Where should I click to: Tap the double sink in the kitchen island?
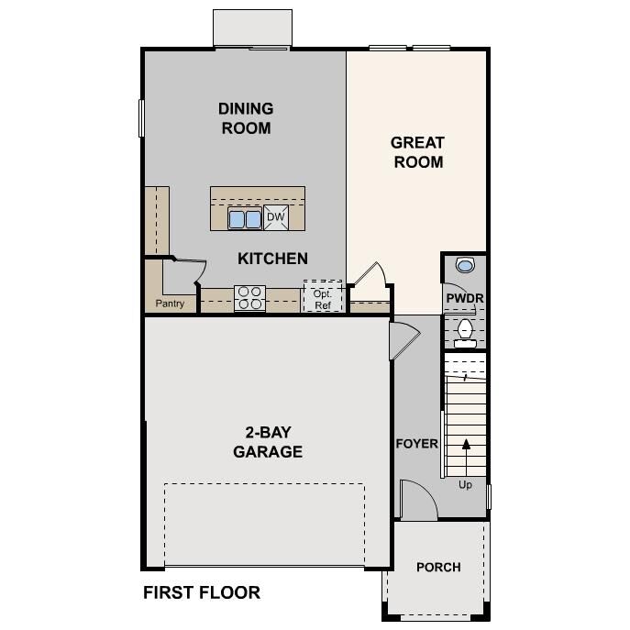tap(245, 219)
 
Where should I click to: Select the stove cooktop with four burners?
tap(249, 297)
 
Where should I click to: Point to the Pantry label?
tap(170, 304)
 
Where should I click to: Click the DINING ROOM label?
tap(246, 118)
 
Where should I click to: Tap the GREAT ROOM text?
tap(417, 152)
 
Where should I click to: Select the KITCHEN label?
tap(272, 259)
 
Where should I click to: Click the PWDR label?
tap(464, 299)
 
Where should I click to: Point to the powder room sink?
tap(465, 266)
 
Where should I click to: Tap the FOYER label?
tap(416, 444)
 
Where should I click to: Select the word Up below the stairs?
tap(465, 485)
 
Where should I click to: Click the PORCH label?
tap(438, 567)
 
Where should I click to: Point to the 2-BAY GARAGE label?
tap(268, 442)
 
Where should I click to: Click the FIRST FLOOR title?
tap(202, 593)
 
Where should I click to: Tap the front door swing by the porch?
tap(415, 500)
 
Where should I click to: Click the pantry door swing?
tap(189, 271)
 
